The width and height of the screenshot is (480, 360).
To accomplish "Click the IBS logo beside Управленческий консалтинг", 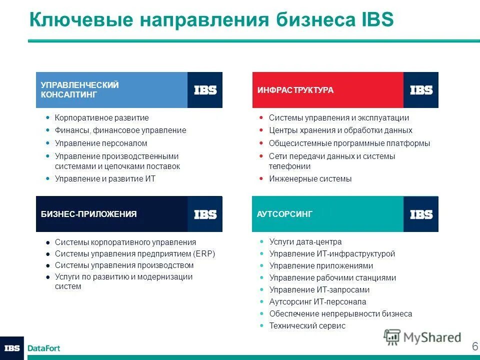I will coord(205,90).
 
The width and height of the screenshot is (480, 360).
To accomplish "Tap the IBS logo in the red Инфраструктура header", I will coord(421,90).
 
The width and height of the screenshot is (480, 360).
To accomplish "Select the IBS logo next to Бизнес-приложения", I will coord(205,214).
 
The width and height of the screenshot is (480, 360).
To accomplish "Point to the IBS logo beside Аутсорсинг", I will coord(421,214).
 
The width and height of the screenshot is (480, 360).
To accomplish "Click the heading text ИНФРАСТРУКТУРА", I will coord(295,90).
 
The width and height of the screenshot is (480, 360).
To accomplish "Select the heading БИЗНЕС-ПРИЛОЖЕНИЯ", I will coord(88,214).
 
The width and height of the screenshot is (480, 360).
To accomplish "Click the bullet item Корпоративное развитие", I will coord(101,118).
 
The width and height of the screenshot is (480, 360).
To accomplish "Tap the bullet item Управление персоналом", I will coord(101,143).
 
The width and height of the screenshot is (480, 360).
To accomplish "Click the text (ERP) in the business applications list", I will coord(203,254).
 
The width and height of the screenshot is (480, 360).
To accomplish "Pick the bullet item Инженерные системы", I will coord(310,178).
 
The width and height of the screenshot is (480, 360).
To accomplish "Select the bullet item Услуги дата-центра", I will coord(305,241).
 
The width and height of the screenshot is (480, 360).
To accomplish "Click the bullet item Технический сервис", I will coord(307,326).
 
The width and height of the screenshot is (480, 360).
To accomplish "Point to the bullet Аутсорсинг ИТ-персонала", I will coord(317,302).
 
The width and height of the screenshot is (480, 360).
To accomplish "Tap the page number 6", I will coord(474,346).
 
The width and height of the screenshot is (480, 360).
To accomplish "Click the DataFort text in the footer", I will coord(43,348).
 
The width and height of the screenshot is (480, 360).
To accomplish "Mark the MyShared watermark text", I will coord(432,337).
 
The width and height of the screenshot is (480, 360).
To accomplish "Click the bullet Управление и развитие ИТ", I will coord(105,178).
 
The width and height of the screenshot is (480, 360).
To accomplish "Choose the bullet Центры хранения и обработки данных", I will coord(340,130).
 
